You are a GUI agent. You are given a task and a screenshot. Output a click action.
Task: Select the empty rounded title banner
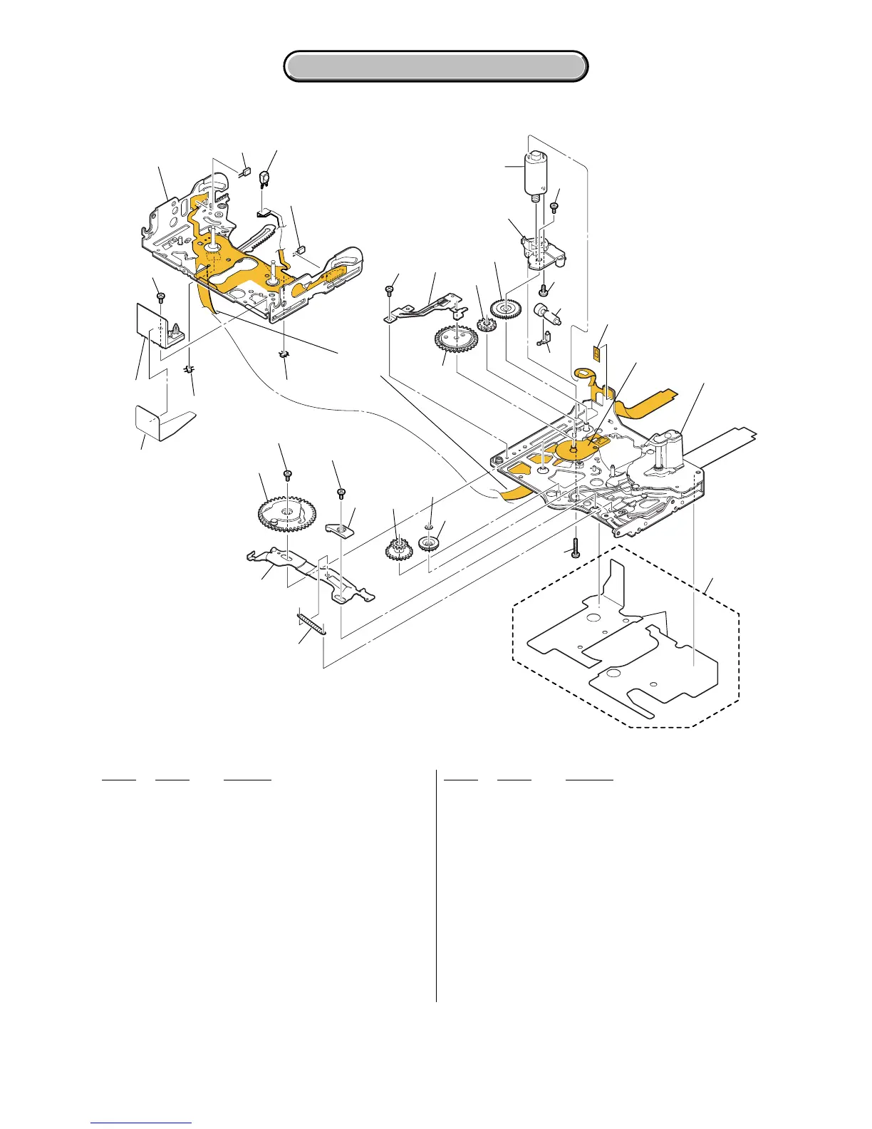pyautogui.click(x=436, y=66)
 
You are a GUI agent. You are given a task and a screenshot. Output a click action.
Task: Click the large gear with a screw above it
pyautogui.click(x=285, y=512)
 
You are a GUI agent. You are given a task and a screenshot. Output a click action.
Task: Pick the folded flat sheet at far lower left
pyautogui.click(x=162, y=423)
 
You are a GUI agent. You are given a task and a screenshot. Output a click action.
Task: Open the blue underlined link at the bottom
pyautogui.click(x=141, y=1123)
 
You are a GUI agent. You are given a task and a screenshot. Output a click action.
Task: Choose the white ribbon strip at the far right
pyautogui.click(x=727, y=442)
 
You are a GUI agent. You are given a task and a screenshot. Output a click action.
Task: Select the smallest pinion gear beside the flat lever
pyautogui.click(x=487, y=326)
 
